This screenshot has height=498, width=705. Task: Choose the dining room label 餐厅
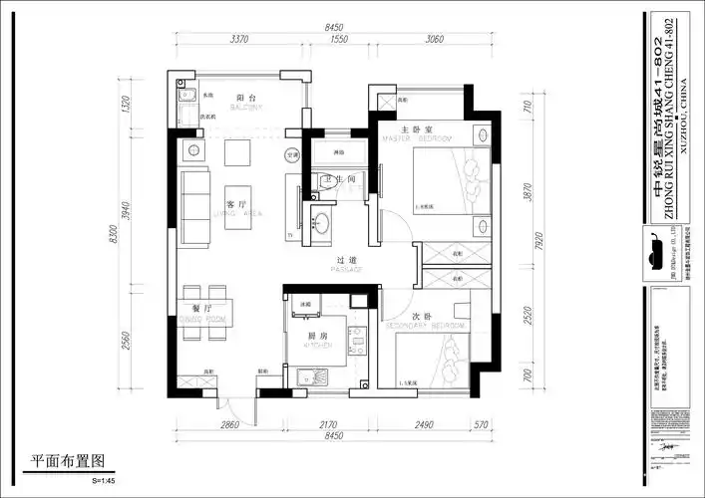202,309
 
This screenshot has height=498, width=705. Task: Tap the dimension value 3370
239,41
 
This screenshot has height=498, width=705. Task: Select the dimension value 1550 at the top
337,41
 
